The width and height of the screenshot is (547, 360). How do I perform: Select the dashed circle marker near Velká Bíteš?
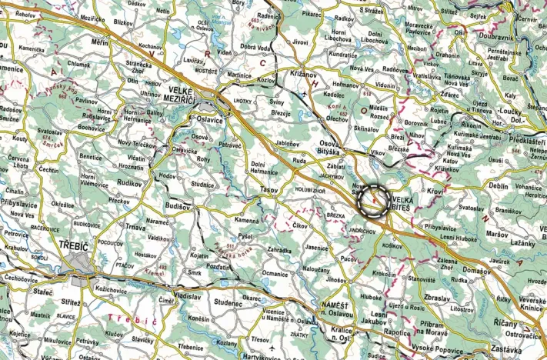[x=375, y=200]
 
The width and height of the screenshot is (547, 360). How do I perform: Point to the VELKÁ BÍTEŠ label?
[x=409, y=203]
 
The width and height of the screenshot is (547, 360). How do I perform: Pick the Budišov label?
[x=180, y=206]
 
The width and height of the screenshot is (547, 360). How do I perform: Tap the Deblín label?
[x=499, y=185]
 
